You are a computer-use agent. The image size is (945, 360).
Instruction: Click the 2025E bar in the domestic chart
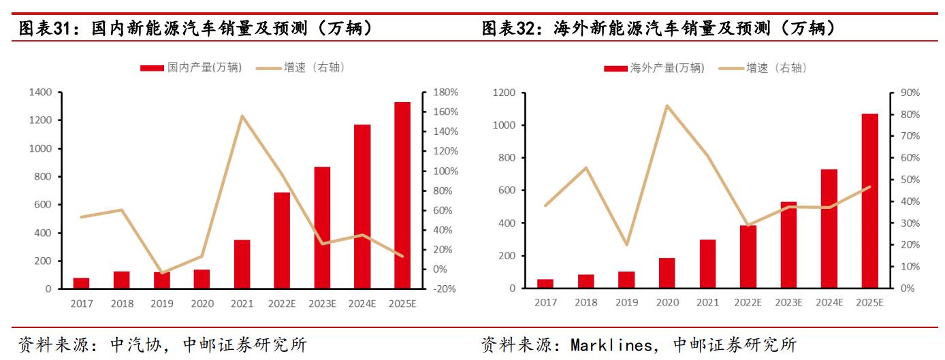(x=402, y=195)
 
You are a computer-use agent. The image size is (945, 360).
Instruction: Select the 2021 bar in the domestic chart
(x=242, y=264)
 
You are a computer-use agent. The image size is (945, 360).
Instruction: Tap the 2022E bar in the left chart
(x=282, y=240)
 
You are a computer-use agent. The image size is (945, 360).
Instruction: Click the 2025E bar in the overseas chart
(x=869, y=201)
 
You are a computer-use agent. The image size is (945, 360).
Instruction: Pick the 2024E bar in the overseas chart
(x=829, y=229)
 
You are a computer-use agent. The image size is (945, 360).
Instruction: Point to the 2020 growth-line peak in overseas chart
(x=667, y=105)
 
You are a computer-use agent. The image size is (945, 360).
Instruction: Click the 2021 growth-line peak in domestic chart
(x=242, y=116)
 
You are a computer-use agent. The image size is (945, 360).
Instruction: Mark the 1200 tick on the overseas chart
(x=504, y=93)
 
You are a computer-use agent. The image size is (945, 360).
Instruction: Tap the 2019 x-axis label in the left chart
(x=162, y=304)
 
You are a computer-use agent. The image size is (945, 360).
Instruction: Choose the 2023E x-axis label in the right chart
(x=788, y=302)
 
